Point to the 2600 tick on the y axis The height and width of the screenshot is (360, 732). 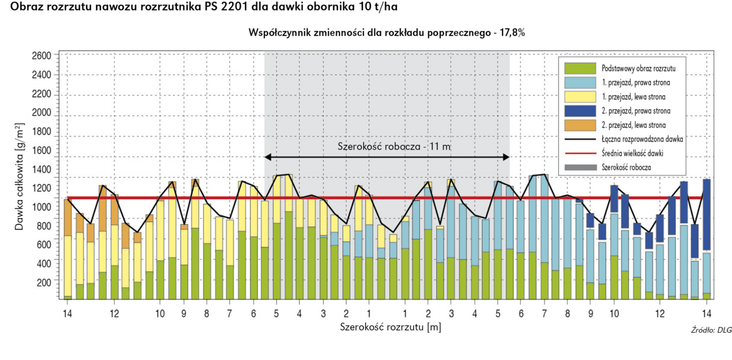coord(41,55)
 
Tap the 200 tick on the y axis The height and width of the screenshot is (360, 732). coord(43,282)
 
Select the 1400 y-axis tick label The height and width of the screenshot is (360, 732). coord(41,168)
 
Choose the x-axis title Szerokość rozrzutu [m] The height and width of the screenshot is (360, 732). coord(390,326)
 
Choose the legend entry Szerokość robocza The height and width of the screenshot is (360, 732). coord(627,168)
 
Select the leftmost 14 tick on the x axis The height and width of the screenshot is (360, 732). coord(67,313)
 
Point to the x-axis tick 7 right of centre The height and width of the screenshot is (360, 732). coord(544,313)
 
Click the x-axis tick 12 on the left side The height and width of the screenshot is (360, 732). coord(114,313)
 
